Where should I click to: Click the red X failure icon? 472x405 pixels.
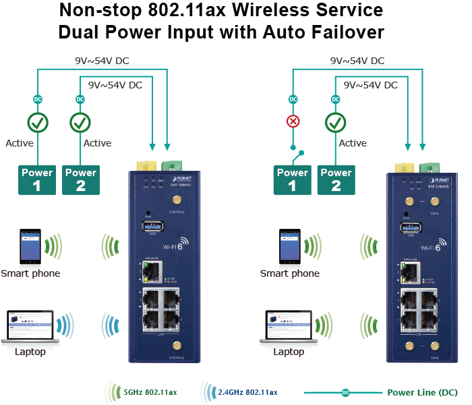(x=293, y=122)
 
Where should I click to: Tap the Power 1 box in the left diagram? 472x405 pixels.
(x=37, y=179)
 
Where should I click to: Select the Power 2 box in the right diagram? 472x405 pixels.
(x=336, y=179)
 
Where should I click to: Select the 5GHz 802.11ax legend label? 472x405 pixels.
(x=150, y=391)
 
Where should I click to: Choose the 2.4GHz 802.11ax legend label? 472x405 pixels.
(x=247, y=391)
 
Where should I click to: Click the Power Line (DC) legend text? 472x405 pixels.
(x=422, y=392)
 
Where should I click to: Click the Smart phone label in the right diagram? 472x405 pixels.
(x=290, y=273)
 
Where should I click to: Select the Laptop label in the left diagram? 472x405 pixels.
(x=30, y=352)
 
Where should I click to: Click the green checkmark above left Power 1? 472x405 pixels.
(x=38, y=123)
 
